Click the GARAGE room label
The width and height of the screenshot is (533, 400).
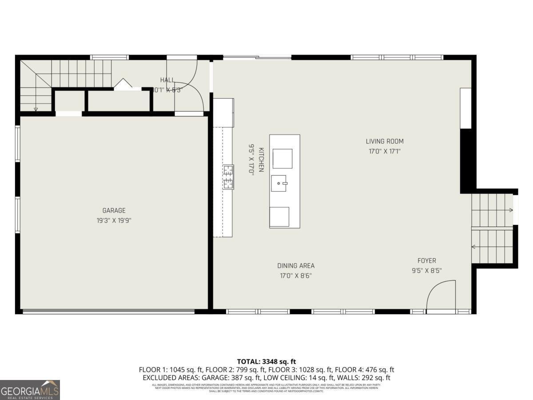click(x=114, y=211)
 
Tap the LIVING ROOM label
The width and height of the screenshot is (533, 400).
click(x=385, y=141)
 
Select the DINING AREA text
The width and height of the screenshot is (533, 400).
click(x=296, y=266)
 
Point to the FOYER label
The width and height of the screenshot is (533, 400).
click(x=426, y=261)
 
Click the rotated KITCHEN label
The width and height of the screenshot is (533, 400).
click(x=262, y=160)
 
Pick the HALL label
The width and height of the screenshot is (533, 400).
click(x=167, y=80)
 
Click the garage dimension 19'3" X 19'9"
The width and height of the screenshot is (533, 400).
click(x=114, y=220)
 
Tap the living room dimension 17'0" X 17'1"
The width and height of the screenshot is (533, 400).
click(x=385, y=151)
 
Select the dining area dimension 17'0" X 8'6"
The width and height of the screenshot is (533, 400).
click(x=296, y=276)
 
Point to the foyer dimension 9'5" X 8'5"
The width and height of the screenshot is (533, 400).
click(x=426, y=270)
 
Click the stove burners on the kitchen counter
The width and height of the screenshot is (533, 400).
click(x=228, y=177)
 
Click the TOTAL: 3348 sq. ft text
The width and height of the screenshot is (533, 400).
click(x=266, y=361)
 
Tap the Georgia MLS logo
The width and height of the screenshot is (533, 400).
click(x=30, y=390)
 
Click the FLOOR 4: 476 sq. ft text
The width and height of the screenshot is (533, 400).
click(x=364, y=370)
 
